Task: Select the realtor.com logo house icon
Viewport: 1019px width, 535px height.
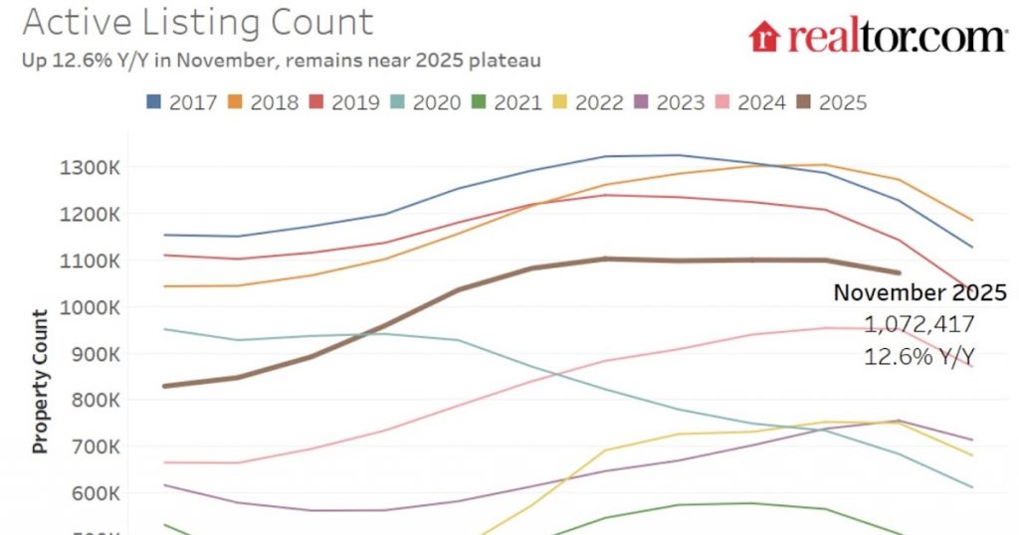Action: pyautogui.click(x=764, y=37)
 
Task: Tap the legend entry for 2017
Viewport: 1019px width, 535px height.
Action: pyautogui.click(x=182, y=101)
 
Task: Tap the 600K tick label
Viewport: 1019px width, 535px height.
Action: pyautogui.click(x=95, y=494)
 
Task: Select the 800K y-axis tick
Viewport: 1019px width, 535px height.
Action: pyautogui.click(x=95, y=401)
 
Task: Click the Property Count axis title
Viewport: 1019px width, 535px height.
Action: pyautogui.click(x=41, y=382)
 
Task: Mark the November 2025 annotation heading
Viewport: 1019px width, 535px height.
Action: pyautogui.click(x=919, y=293)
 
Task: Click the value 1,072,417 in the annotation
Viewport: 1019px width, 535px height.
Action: pyautogui.click(x=919, y=324)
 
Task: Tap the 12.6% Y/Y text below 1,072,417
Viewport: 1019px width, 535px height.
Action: pyautogui.click(x=919, y=355)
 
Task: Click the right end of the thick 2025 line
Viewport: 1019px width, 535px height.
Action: pyautogui.click(x=898, y=271)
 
